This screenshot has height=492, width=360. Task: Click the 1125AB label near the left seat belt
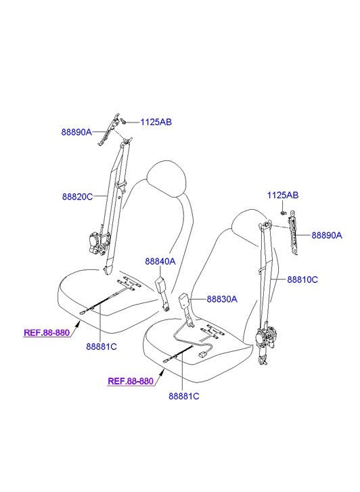coord(156,122)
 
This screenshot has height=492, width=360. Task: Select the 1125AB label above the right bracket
coord(282,195)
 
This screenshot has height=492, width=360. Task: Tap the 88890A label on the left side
coord(76,132)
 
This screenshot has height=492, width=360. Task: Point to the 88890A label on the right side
coord(327,235)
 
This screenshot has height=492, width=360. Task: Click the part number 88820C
coord(78,197)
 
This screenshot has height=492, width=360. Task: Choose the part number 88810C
coord(302,279)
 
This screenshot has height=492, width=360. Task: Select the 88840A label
coord(160,261)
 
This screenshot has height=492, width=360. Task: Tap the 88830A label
coord(222,299)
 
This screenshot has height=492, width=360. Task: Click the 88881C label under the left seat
coord(102,346)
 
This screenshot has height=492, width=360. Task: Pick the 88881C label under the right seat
coord(184,397)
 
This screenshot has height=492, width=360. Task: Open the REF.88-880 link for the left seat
coord(47,332)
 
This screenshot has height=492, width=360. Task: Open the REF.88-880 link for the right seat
coord(131,381)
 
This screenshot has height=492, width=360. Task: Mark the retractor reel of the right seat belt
coord(265,338)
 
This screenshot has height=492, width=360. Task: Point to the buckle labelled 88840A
coord(163,294)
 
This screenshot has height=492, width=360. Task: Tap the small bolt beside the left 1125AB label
coord(122,121)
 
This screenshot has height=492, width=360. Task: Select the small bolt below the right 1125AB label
coord(284,213)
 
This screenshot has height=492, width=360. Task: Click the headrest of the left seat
coord(166,178)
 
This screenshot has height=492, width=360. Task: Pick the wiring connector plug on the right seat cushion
coord(203,355)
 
